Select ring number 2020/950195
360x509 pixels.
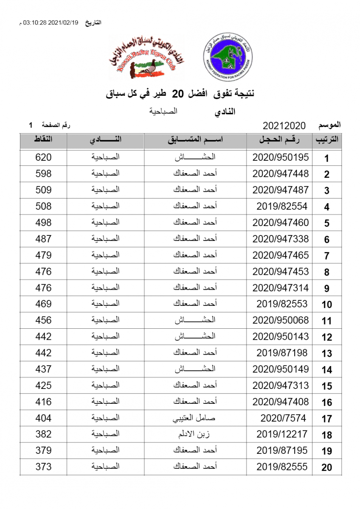(x=281, y=157)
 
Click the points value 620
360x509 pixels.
(x=43, y=157)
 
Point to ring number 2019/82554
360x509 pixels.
(x=282, y=207)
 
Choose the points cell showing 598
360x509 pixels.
(x=43, y=173)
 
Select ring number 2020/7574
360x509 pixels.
(x=283, y=418)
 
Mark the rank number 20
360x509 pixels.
(x=326, y=467)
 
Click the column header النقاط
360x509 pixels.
(x=43, y=140)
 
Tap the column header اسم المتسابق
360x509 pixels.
(x=196, y=140)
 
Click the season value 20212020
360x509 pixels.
(x=284, y=126)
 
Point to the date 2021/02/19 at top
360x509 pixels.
(x=64, y=22)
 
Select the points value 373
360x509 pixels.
(x=43, y=467)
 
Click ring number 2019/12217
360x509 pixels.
(x=282, y=434)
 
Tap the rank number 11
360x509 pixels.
(x=326, y=321)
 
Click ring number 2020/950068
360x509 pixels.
(x=281, y=320)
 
